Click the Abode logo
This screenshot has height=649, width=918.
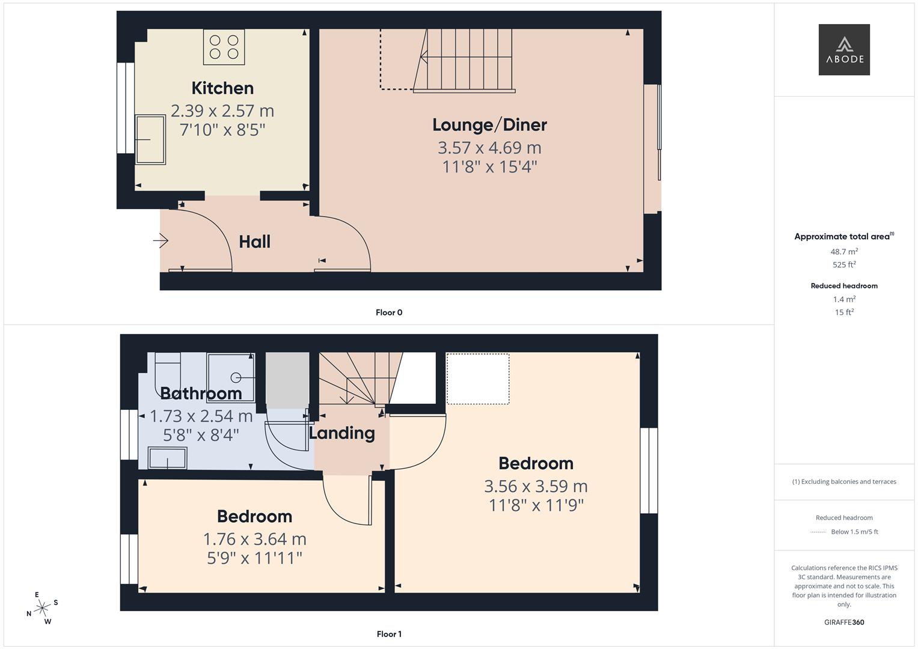click(x=843, y=49)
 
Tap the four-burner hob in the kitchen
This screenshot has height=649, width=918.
click(x=224, y=47)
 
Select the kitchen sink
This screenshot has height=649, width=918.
click(x=150, y=140)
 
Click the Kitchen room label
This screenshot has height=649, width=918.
click(x=222, y=88)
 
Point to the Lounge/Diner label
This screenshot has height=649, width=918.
click(x=489, y=125)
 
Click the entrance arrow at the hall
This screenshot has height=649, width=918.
click(x=161, y=241)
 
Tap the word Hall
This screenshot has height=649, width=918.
click(x=254, y=242)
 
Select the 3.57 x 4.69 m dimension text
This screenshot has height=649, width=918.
click(x=489, y=148)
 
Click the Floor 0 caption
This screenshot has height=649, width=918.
click(x=389, y=312)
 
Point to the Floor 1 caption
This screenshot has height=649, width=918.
click(x=389, y=634)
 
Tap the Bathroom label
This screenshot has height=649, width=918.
click(x=201, y=394)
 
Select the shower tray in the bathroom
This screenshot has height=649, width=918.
click(x=231, y=377)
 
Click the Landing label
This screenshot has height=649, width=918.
click(x=342, y=433)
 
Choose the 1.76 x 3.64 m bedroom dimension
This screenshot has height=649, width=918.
click(x=254, y=539)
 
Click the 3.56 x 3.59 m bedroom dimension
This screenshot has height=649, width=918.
click(x=536, y=486)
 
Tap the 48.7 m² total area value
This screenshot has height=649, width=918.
click(x=844, y=252)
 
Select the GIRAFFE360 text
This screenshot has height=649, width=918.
click(x=844, y=622)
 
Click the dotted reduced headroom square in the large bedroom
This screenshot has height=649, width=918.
click(x=478, y=379)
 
